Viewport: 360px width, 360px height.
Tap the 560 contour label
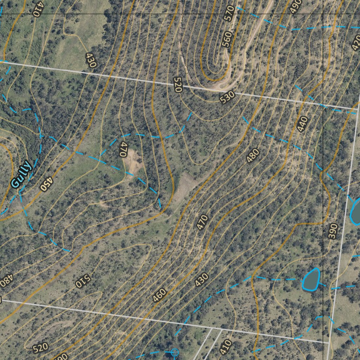click(227, 39)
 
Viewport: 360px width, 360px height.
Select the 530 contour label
click(227, 97)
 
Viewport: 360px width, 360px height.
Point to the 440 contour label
click(302, 124)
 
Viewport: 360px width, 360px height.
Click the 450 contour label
click(46, 184)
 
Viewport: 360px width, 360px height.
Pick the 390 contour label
click(333, 231)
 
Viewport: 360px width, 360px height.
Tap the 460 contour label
click(159, 296)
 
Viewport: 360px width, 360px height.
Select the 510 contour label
click(83, 281)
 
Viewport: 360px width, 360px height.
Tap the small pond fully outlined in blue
click(311, 279)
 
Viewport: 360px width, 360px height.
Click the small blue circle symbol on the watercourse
click(175, 352)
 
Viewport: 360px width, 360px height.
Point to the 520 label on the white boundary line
click(178, 85)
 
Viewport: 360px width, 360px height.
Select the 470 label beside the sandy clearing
click(123, 149)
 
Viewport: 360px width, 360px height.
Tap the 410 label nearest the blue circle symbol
click(225, 347)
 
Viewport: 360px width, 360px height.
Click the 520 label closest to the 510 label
click(40, 348)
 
